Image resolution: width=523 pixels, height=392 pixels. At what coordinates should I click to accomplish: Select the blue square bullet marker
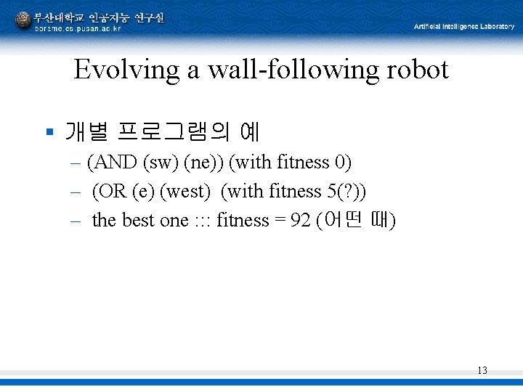[x=49, y=132]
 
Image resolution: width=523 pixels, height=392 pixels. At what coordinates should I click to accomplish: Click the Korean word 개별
[x=86, y=132]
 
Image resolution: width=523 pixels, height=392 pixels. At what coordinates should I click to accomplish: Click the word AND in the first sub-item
[x=115, y=163]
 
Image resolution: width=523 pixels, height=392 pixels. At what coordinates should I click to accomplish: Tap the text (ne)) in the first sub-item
[x=204, y=163]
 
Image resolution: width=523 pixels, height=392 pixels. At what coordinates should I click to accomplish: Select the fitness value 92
[x=301, y=221]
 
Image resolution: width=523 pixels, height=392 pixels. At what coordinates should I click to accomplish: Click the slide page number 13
[x=482, y=371]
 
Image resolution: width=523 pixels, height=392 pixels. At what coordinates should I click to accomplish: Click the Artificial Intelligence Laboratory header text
[x=464, y=27]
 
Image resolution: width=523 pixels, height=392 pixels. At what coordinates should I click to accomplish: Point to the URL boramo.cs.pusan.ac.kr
[x=78, y=28]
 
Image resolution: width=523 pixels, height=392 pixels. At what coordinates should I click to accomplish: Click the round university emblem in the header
[x=23, y=20]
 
